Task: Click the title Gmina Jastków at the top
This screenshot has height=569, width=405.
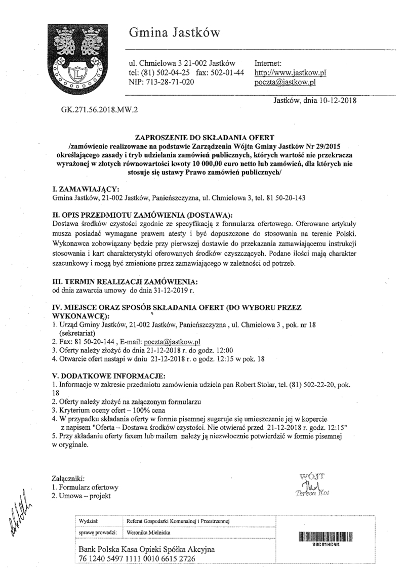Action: point(174,33)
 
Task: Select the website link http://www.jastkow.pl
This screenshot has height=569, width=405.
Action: point(290,72)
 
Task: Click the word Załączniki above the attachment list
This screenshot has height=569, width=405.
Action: point(69,478)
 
